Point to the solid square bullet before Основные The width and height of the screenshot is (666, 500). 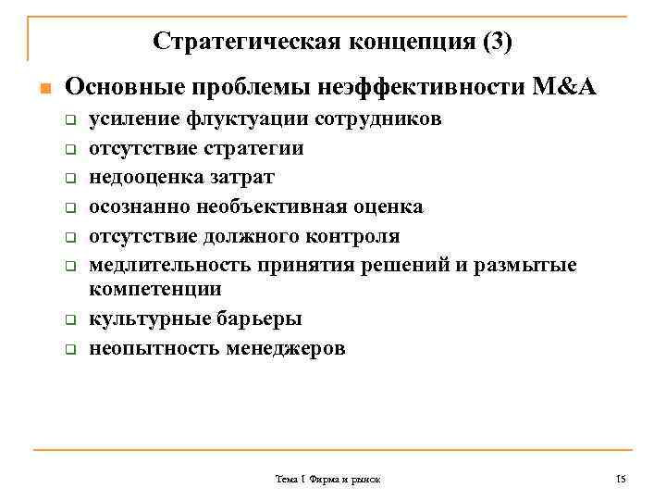point(41,90)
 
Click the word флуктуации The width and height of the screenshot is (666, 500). point(247,119)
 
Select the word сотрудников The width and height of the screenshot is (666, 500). point(378,119)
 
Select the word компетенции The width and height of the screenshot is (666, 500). point(154,289)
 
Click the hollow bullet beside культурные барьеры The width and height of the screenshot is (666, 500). point(68,320)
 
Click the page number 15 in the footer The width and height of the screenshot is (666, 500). point(621,479)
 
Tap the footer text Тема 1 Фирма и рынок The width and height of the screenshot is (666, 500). point(327,480)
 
